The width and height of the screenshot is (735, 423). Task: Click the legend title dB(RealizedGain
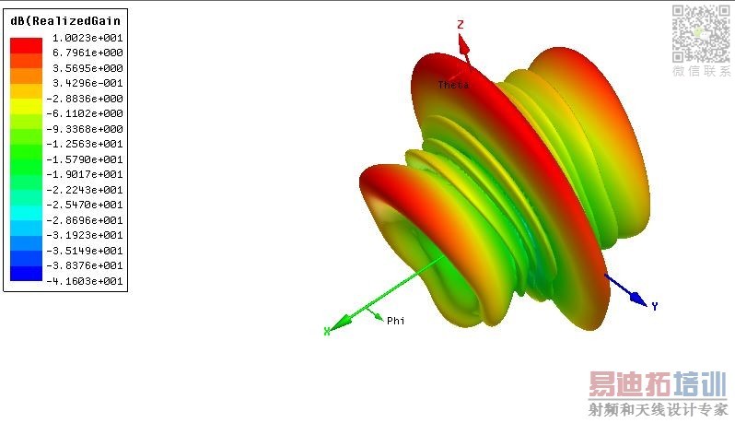tap(65, 21)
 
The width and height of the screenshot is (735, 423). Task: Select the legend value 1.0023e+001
tap(87, 38)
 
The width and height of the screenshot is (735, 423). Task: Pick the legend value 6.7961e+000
tap(87, 53)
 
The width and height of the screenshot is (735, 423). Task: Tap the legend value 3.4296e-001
tap(87, 83)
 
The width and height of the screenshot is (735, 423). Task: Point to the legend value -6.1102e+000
tap(85, 113)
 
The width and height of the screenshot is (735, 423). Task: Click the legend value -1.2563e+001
tap(85, 144)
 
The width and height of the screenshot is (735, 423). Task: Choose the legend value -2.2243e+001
tap(85, 190)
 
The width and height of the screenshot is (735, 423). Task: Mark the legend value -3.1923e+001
tap(85, 235)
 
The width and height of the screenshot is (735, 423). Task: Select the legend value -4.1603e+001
tap(85, 281)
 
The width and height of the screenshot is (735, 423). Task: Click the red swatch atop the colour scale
tap(26, 45)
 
